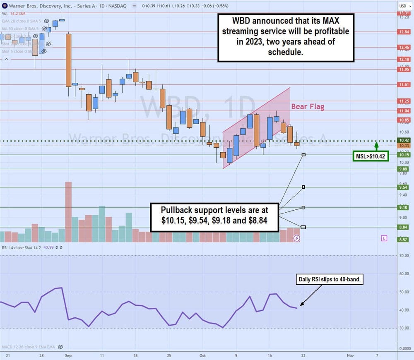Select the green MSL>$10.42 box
tap(370, 156)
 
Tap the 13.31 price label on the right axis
tap(404, 13)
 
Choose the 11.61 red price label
tap(404, 84)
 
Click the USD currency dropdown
tap(403, 6)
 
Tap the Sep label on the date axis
tap(69, 355)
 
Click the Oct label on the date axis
tap(203, 355)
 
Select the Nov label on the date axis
tap(349, 355)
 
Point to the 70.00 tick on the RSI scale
tap(404, 256)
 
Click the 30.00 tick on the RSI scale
tap(404, 328)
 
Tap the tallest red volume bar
tap(68, 212)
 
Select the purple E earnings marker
tap(384, 238)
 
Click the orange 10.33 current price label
tap(404, 146)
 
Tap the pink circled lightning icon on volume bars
tap(296, 238)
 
